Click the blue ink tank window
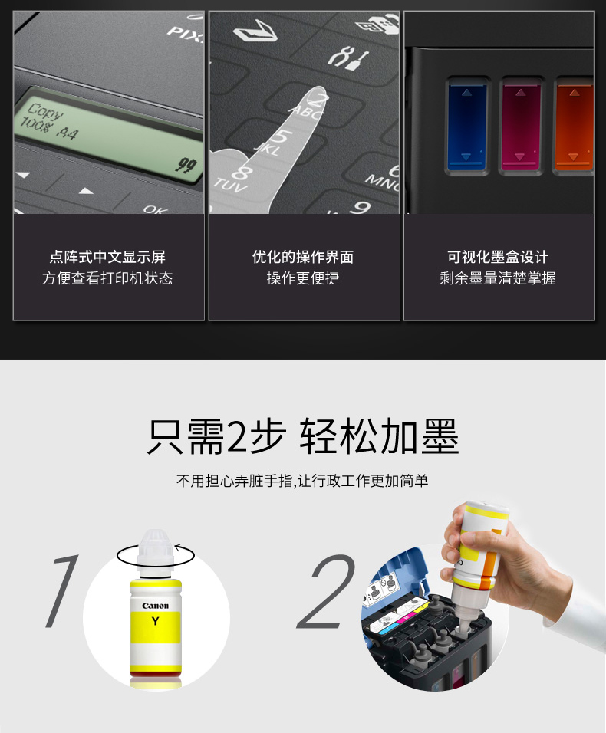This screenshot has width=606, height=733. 466,125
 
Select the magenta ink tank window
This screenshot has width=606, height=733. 520,125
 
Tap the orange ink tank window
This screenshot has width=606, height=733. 575,125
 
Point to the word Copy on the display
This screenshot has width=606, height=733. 44,112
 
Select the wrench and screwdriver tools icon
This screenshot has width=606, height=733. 348,57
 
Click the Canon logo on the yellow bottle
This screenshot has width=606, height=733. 155,606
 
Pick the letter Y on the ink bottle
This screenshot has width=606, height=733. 155,621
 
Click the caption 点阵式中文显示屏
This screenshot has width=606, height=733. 107,257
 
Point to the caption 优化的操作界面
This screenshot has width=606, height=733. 302,257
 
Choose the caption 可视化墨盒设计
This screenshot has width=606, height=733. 498,257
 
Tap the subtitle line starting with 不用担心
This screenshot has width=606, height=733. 302,481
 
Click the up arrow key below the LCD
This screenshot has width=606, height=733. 86,191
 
